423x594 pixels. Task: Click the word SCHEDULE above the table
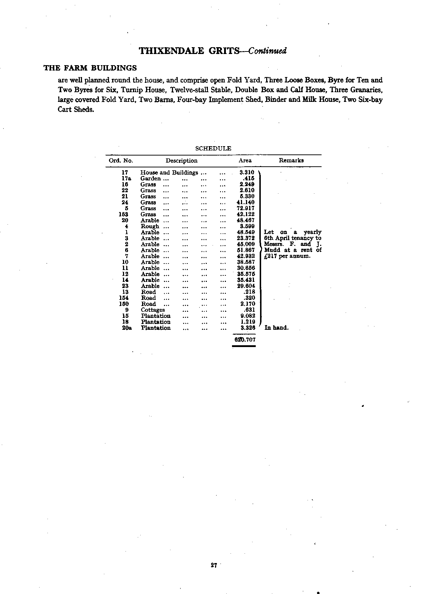[x=213, y=148]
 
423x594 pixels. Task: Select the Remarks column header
[x=291, y=161]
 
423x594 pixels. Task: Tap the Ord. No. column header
[x=121, y=161]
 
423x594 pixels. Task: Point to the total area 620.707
[x=244, y=339]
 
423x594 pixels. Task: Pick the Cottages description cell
[x=153, y=310]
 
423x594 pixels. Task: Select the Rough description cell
[x=150, y=226]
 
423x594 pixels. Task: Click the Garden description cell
[x=150, y=178]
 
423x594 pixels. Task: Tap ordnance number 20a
[x=126, y=328]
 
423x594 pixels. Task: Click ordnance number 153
[x=123, y=214]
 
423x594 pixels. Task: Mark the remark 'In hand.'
[x=276, y=328]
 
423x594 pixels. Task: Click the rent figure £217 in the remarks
[x=270, y=256]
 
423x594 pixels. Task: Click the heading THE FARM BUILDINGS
[x=90, y=68]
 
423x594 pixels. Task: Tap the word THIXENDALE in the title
[x=172, y=51]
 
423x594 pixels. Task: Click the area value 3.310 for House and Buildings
[x=247, y=172]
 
